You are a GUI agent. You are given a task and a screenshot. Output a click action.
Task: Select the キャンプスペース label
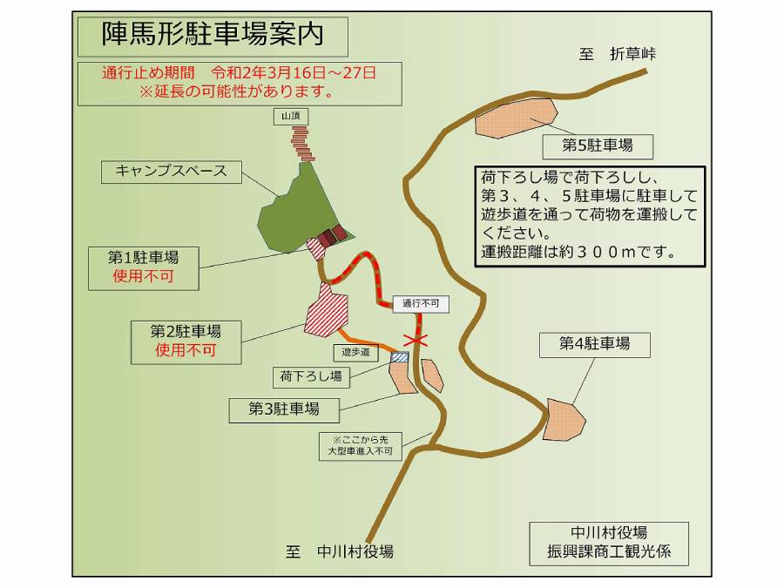click(x=171, y=171)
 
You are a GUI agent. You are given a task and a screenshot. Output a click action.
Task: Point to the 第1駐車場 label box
click(x=143, y=267)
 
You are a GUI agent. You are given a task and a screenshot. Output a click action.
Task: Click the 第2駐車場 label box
click(x=185, y=341)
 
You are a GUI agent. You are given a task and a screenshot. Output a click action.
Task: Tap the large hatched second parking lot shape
click(x=326, y=311)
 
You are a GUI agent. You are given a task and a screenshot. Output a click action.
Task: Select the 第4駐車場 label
click(x=594, y=343)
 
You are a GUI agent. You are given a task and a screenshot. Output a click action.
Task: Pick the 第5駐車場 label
click(x=597, y=145)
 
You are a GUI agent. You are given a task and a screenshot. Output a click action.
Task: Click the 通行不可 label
click(x=421, y=304)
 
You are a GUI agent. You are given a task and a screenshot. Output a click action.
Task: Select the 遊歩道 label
click(x=355, y=352)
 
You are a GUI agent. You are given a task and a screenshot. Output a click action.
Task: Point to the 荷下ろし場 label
click(x=311, y=376)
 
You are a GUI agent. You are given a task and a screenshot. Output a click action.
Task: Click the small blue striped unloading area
click(x=400, y=357)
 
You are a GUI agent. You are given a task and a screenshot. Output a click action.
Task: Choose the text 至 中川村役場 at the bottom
click(x=340, y=551)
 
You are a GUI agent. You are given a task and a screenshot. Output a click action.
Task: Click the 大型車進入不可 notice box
click(x=361, y=445)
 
